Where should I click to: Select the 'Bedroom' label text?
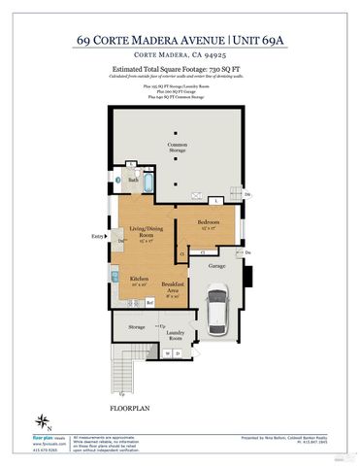click(208, 222)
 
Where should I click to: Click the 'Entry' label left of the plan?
click(97, 236)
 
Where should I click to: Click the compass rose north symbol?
click(43, 419)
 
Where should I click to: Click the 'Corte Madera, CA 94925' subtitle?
click(180, 56)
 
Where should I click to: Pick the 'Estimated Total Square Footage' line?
click(180, 74)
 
